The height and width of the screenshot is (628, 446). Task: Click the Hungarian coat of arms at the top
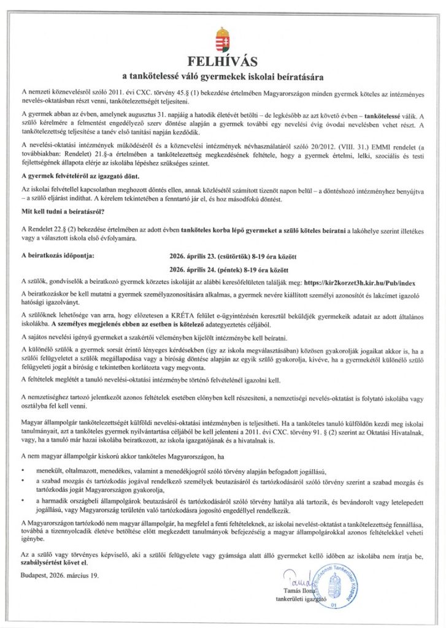(223, 39)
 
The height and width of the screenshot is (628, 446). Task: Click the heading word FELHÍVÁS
(223, 61)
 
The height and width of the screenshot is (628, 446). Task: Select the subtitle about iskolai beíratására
(223, 77)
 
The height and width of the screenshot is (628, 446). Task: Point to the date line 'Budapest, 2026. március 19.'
(59, 576)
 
